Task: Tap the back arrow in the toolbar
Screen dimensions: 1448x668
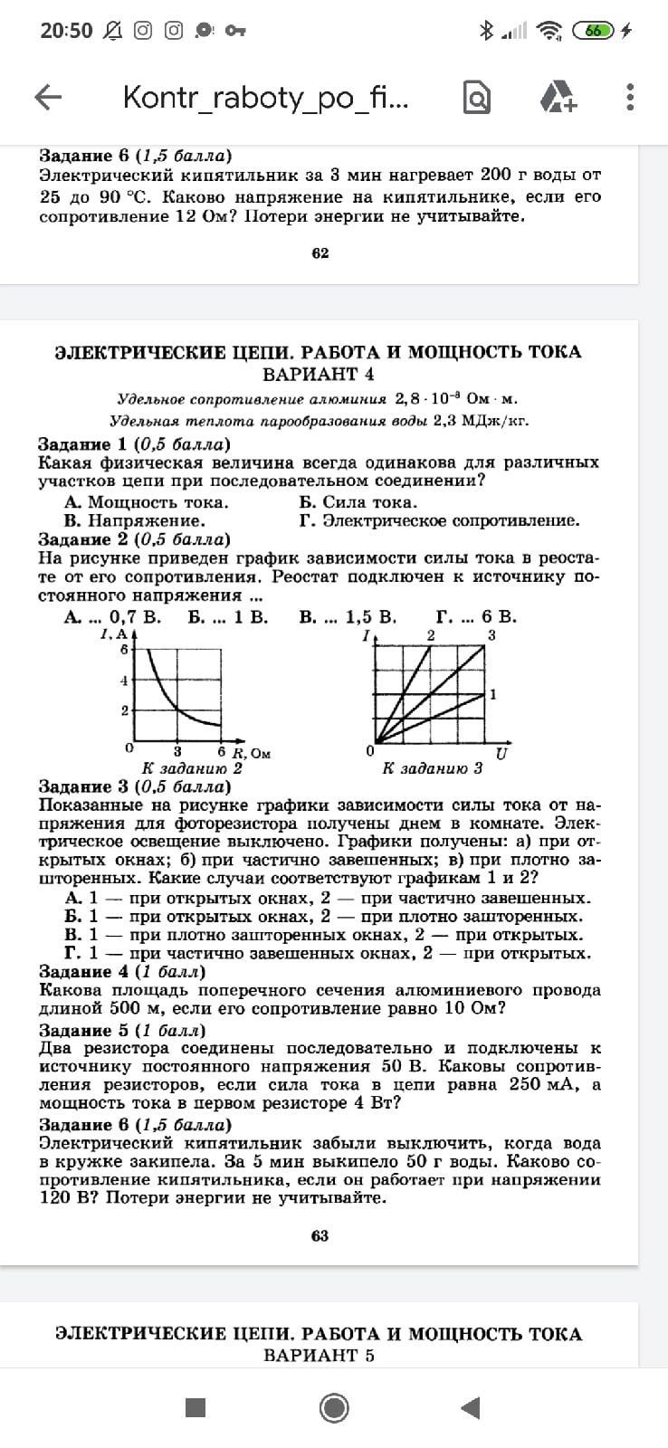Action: [48, 97]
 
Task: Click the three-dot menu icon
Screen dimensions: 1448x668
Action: [630, 97]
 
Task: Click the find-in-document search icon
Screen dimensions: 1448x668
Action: [477, 97]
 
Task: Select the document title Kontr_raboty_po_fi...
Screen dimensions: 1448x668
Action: [266, 98]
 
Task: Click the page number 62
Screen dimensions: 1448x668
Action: [320, 253]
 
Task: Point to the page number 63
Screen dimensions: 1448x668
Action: [320, 1236]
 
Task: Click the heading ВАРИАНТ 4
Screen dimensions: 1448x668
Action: [318, 375]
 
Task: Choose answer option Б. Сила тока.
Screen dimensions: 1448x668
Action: [358, 502]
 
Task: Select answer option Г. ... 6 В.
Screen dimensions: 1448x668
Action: [476, 617]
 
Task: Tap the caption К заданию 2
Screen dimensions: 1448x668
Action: [192, 768]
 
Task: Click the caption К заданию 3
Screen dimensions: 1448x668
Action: [432, 768]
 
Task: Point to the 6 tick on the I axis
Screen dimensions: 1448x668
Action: [124, 649]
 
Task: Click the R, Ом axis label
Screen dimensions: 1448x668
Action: [252, 753]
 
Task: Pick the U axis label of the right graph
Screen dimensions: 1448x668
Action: [501, 753]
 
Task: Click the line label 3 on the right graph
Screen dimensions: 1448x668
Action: [491, 635]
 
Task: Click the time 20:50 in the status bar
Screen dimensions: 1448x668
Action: [66, 31]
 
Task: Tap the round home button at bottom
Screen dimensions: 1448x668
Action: [334, 1407]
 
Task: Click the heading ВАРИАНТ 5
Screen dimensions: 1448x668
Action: [319, 1356]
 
